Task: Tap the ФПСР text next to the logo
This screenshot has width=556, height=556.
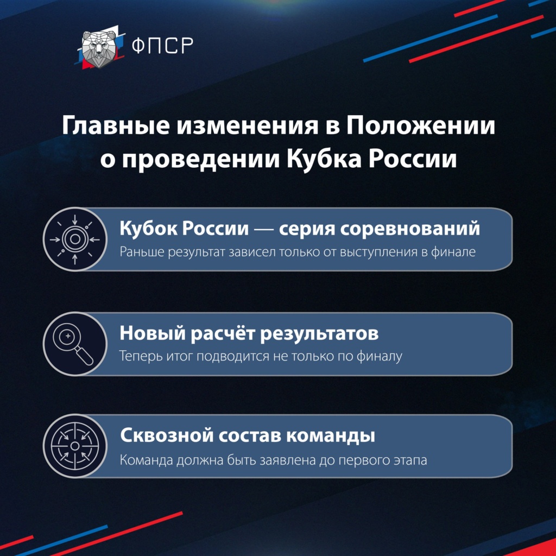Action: click(x=162, y=46)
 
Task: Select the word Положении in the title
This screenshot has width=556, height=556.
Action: click(x=421, y=125)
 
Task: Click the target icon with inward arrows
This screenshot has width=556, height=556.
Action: click(x=75, y=239)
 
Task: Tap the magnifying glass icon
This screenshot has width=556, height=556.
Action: click(x=75, y=344)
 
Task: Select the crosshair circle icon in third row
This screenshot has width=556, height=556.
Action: click(x=75, y=446)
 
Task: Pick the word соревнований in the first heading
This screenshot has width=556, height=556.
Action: click(x=410, y=229)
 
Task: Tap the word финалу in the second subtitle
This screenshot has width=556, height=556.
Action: click(x=380, y=356)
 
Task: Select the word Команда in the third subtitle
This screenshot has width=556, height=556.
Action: click(x=147, y=460)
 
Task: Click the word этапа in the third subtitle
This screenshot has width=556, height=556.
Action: click(x=410, y=461)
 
